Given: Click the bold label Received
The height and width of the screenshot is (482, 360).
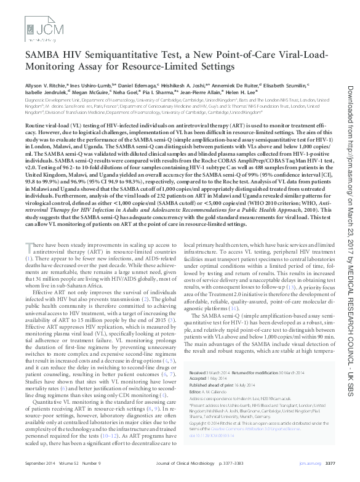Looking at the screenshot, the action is pos(198,373).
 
